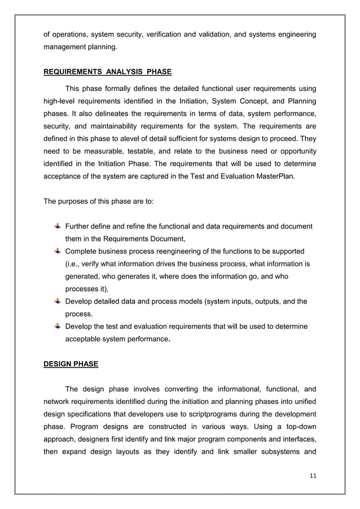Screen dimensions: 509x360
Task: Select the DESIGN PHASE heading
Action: [71, 364]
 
